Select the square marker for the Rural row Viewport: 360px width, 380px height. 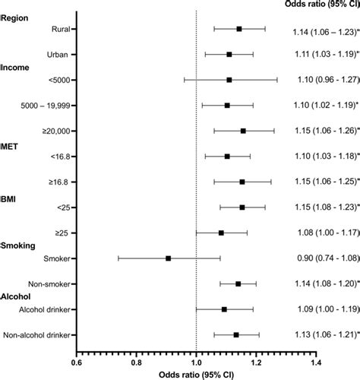(238, 29)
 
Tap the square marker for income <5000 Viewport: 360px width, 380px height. (229, 79)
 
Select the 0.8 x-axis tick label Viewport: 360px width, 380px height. (136, 364)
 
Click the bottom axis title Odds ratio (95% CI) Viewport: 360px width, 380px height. (195, 375)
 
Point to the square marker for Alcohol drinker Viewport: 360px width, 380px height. (224, 309)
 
